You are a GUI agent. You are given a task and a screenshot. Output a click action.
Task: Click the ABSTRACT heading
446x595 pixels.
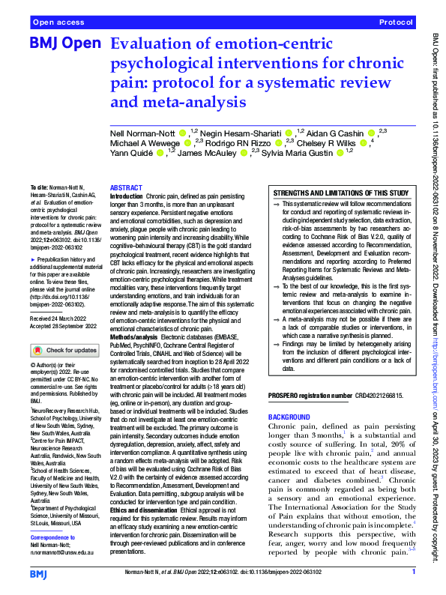[125, 188]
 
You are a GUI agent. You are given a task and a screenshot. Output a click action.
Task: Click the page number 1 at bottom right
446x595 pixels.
[414, 572]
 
